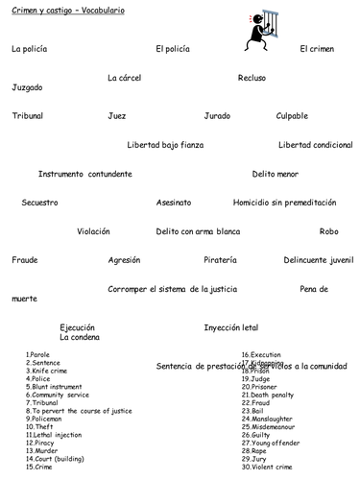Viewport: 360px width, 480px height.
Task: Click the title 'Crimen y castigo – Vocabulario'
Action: point(61,10)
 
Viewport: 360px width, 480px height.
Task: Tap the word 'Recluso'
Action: point(252,78)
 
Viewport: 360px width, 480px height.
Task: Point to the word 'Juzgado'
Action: point(27,87)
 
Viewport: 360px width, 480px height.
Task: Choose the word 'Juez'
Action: point(117,116)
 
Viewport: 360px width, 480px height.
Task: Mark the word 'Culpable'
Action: point(292,116)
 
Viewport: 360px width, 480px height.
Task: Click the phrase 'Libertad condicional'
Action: point(315,145)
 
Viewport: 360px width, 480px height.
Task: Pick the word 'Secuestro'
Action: point(39,203)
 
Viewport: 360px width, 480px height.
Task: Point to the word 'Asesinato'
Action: point(174,203)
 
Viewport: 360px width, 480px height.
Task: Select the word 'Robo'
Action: point(328,231)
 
